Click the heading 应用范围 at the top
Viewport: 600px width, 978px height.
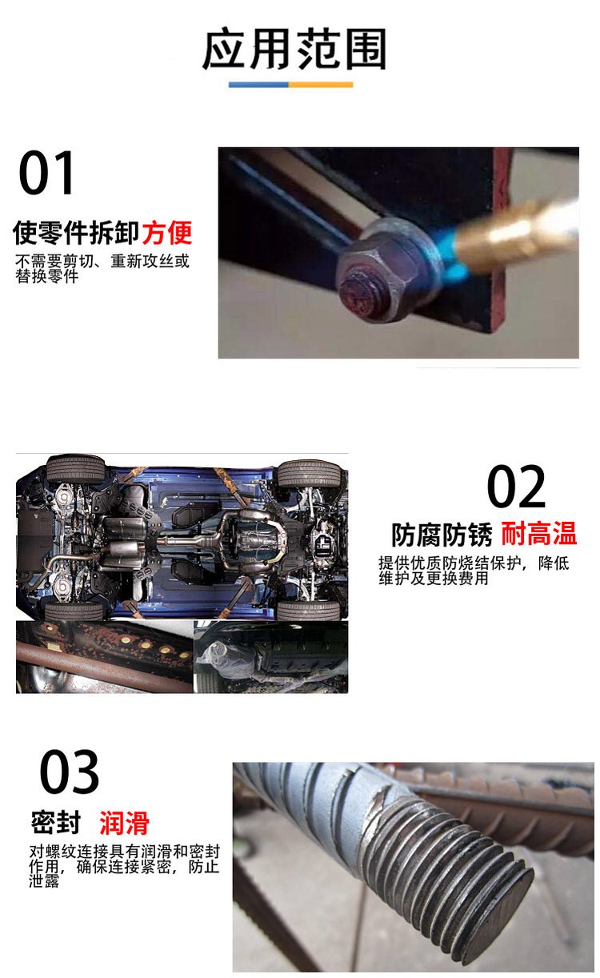[294, 49]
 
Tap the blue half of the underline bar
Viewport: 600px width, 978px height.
[258, 85]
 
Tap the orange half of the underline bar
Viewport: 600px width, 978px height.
[321, 85]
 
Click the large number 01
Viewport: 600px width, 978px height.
[46, 172]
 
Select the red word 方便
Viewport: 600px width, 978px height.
[166, 232]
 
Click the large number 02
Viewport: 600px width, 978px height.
[516, 486]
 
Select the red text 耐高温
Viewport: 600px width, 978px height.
[539, 534]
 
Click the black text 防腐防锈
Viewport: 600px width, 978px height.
[442, 535]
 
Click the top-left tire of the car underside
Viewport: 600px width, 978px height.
[76, 468]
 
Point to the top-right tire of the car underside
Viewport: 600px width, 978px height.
[309, 473]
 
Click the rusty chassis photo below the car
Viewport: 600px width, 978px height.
[104, 657]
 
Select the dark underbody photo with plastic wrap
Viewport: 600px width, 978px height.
[271, 657]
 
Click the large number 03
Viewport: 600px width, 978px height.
[69, 772]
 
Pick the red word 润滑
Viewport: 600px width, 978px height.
[124, 823]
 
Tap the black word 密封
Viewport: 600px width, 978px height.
[56, 823]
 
